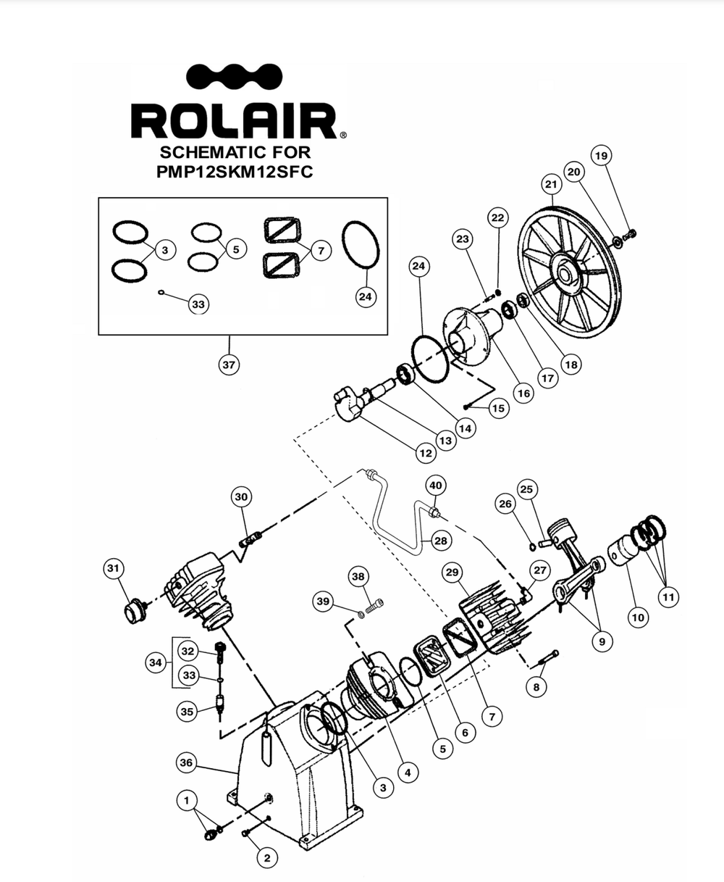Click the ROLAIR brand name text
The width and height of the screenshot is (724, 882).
(234, 120)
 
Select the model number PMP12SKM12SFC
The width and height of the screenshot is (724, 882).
(235, 172)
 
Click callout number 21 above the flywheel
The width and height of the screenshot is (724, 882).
(551, 184)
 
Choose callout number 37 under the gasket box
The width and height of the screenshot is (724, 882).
(229, 365)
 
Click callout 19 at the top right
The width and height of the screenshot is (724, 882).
(601, 156)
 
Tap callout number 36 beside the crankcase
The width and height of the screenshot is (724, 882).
(186, 763)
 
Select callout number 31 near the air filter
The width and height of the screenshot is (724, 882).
(113, 568)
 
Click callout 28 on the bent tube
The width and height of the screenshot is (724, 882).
(441, 541)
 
